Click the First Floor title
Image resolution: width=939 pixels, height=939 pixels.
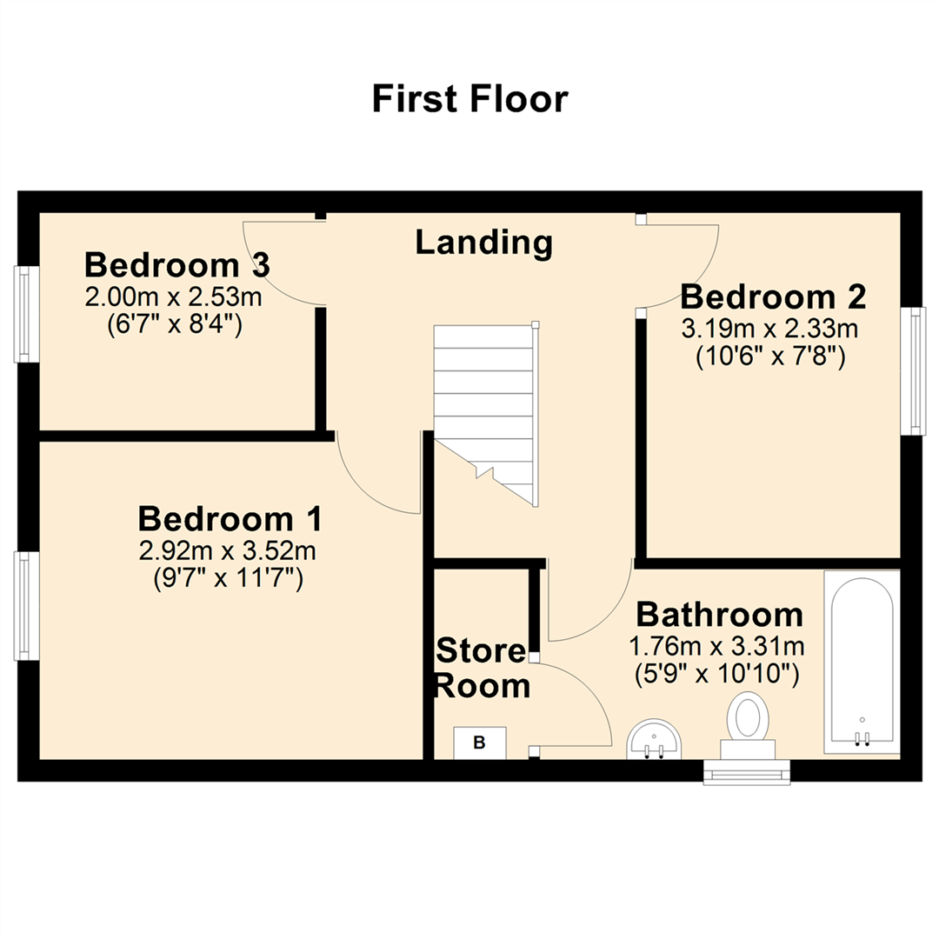click(x=469, y=99)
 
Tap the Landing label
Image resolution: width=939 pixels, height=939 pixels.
click(x=483, y=243)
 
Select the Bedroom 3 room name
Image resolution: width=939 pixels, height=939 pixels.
click(x=176, y=264)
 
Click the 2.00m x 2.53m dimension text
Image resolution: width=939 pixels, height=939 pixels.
click(x=173, y=298)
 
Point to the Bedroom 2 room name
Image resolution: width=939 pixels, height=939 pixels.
click(x=773, y=297)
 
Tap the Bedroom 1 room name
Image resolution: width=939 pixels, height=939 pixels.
click(x=230, y=520)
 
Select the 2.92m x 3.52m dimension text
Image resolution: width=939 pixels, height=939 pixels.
click(x=227, y=551)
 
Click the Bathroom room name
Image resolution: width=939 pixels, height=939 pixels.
click(x=719, y=615)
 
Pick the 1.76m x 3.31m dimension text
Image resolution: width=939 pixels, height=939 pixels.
click(x=716, y=647)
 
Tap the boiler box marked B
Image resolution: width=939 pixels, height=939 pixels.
click(x=479, y=743)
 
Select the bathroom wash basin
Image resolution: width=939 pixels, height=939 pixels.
click(x=655, y=740)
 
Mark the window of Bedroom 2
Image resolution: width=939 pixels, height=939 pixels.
click(x=914, y=370)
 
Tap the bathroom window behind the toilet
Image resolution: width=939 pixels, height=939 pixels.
click(x=748, y=772)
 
